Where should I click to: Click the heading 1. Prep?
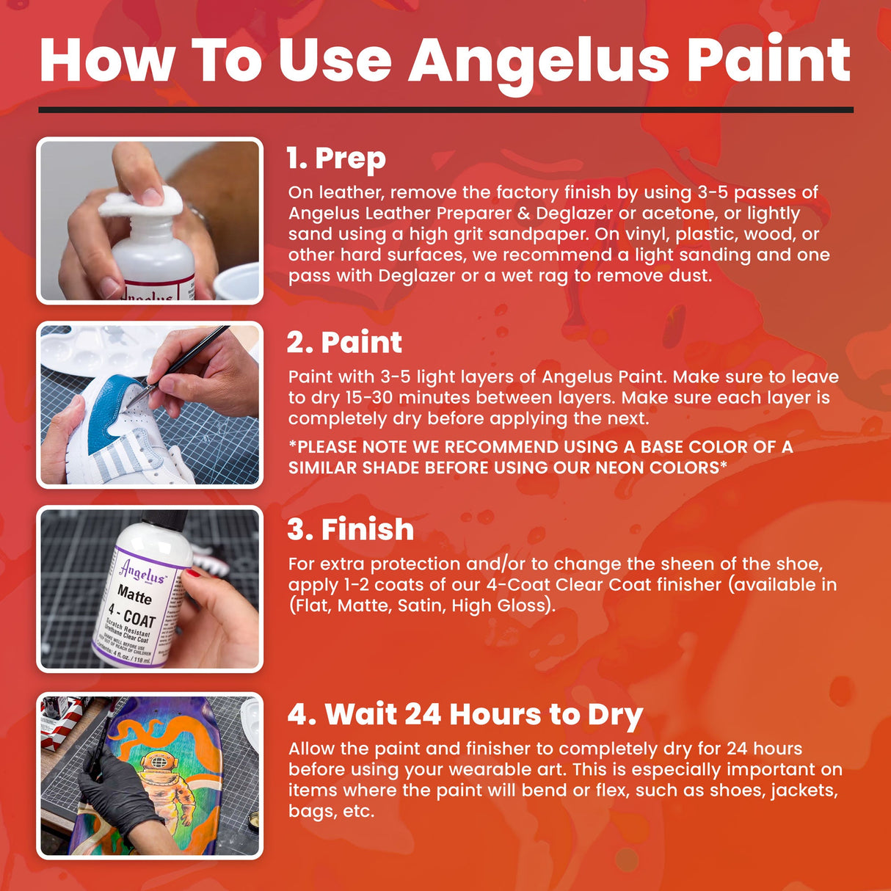click(x=335, y=159)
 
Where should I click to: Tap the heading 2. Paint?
click(x=344, y=343)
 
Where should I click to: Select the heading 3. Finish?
click(x=350, y=529)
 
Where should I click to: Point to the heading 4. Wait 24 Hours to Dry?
click(x=465, y=714)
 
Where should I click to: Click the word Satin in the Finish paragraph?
click(x=421, y=605)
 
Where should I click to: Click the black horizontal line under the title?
click(x=445, y=110)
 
